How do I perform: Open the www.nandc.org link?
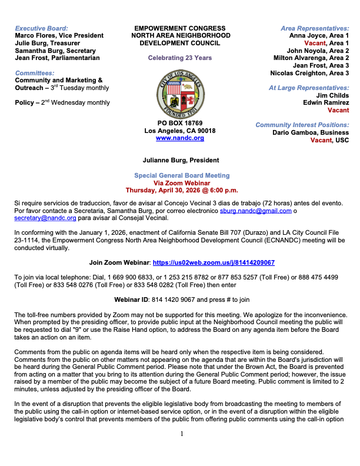tap(179, 138)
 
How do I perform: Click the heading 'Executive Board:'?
tap(41, 28)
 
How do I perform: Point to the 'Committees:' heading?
tap(35, 73)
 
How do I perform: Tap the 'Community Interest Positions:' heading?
tap(302, 125)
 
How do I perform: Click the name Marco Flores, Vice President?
tap(59, 35)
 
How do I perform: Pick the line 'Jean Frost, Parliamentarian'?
tap(57, 58)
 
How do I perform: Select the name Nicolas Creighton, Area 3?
tap(309, 73)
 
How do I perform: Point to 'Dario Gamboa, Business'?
tap(311, 132)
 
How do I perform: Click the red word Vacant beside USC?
tap(321, 140)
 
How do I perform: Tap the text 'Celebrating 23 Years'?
tap(179, 58)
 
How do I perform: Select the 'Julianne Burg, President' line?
tap(181, 160)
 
